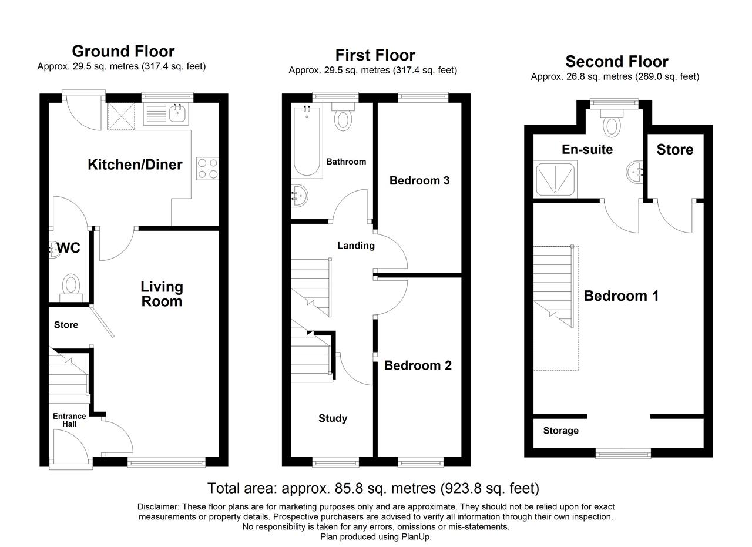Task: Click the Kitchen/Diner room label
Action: point(135,165)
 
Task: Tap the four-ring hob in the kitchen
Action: point(207,169)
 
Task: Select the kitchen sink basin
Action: point(178,113)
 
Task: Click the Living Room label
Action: point(162,294)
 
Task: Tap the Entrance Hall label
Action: point(69,420)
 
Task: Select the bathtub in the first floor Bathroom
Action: point(307,141)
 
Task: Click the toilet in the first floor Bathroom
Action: point(343,117)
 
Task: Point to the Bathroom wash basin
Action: point(300,196)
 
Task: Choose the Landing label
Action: point(356,246)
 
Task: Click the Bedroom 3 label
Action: point(419,180)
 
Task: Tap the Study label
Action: point(333,418)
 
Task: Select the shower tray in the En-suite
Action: point(555,179)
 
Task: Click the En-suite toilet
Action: point(612,123)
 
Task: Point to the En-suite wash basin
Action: point(634,172)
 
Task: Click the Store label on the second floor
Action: point(675,150)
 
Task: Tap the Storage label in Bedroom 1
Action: point(560,431)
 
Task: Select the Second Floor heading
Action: point(617,62)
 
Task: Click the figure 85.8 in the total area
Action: point(349,488)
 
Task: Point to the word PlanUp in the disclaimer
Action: point(416,537)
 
